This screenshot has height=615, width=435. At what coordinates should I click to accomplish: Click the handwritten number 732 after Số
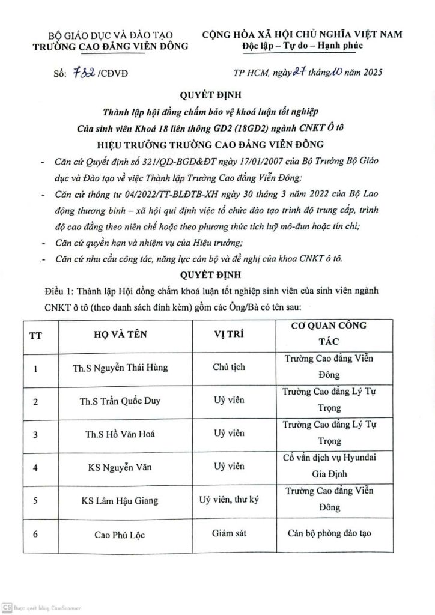click(x=81, y=74)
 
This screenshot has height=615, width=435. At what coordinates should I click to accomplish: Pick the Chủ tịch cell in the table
click(x=229, y=366)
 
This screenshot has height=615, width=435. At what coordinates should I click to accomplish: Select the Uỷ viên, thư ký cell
click(x=229, y=499)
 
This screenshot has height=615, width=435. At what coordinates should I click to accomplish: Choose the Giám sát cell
click(x=229, y=533)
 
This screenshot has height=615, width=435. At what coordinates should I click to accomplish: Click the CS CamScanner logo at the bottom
click(x=7, y=608)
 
